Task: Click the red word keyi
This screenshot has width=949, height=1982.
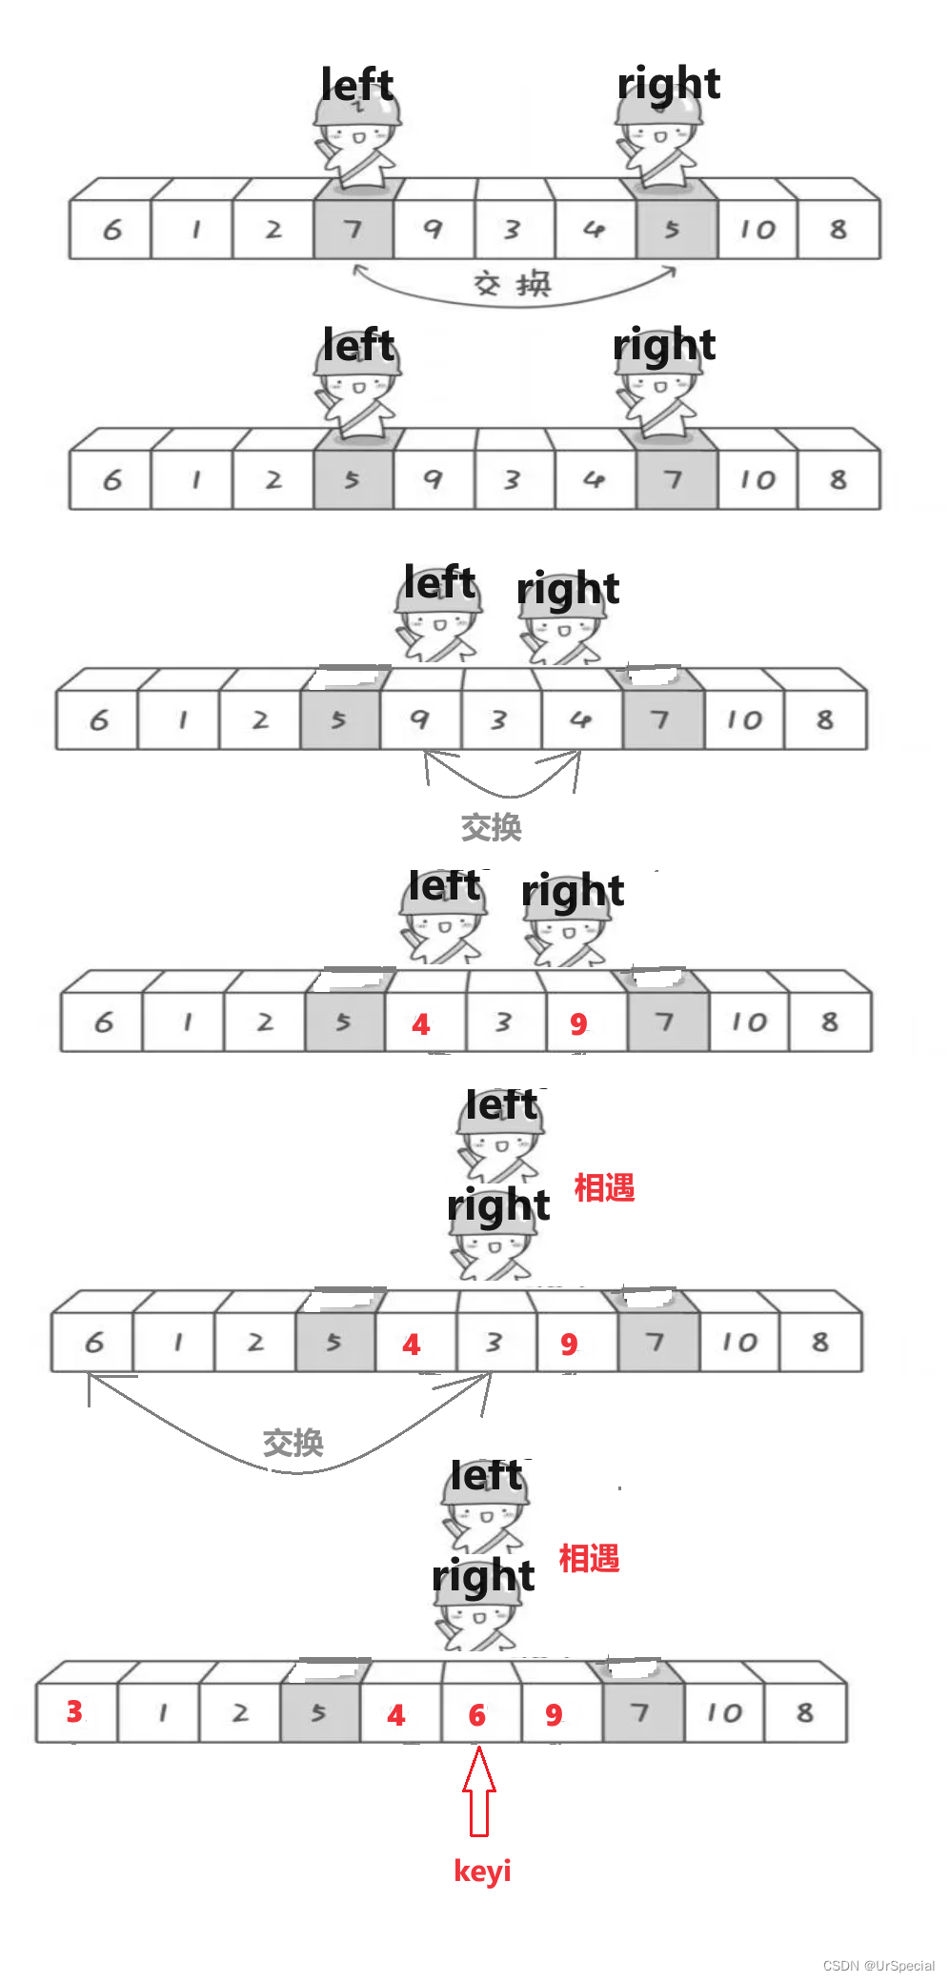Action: tap(482, 1870)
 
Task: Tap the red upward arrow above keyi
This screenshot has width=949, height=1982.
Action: tap(479, 1790)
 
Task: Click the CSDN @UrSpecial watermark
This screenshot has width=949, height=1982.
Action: tap(878, 1965)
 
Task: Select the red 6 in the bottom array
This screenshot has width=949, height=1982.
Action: tap(477, 1715)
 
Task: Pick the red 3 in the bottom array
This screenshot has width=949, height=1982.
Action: tap(74, 1711)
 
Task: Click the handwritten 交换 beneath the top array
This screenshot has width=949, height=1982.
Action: tap(513, 283)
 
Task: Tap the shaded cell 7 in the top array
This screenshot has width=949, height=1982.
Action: tap(353, 230)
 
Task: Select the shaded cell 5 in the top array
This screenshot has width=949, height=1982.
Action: tap(673, 230)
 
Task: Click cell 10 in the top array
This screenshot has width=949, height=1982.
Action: tap(758, 230)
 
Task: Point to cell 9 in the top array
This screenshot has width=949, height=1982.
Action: tap(433, 230)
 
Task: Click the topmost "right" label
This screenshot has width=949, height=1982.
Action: tap(668, 84)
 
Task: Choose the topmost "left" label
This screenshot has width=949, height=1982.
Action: tap(357, 85)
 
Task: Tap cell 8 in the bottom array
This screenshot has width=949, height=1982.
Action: tap(805, 1712)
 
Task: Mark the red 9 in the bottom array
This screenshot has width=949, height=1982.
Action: tap(554, 1715)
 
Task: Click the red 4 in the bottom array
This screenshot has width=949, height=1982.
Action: tap(396, 1715)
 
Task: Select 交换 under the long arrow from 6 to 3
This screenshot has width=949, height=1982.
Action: tap(293, 1443)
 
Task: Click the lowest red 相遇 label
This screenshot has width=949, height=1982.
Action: tap(589, 1559)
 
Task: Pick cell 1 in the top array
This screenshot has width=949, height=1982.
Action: tap(195, 230)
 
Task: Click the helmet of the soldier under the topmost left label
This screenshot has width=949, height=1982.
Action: tap(357, 114)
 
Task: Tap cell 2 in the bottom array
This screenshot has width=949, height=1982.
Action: tap(240, 1712)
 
